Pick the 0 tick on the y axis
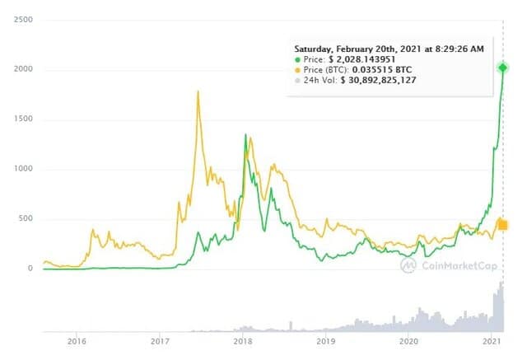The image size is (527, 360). click(x=29, y=269)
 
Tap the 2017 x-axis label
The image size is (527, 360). click(x=160, y=340)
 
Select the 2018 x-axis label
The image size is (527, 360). click(x=243, y=340)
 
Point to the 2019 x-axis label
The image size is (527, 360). click(x=326, y=340)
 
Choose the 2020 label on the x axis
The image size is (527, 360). click(x=409, y=340)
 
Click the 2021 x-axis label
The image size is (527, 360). click(x=492, y=340)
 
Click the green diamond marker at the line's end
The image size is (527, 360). click(x=503, y=68)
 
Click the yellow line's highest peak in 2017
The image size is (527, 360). click(x=198, y=91)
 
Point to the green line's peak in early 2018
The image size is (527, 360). click(x=245, y=134)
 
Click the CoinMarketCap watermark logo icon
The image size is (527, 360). click(x=409, y=264)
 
